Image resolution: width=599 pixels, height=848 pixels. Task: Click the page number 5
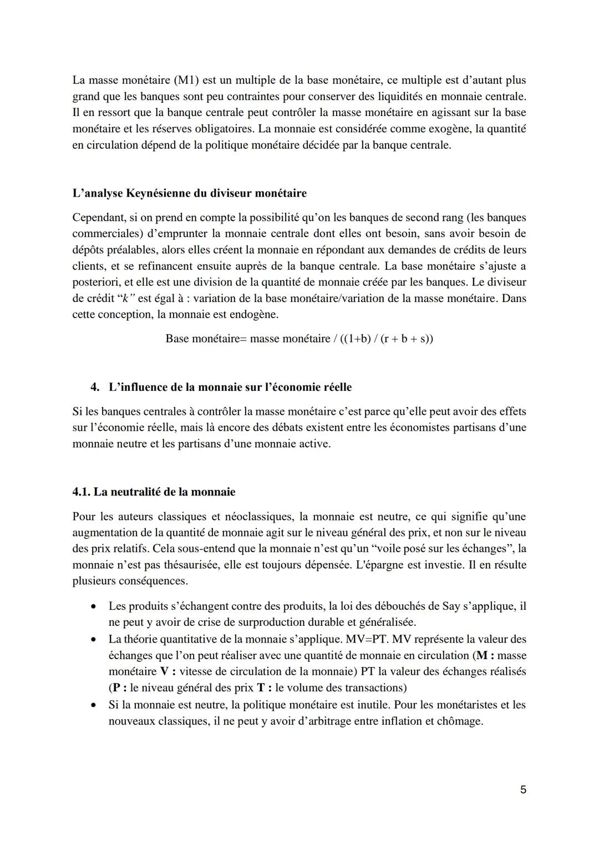(523, 790)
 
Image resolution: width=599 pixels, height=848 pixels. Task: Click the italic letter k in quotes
(125, 298)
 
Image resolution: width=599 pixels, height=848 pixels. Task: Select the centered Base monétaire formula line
(299, 338)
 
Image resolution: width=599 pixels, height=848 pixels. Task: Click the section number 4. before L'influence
(95, 387)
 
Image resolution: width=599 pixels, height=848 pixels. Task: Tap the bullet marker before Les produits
(96, 606)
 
